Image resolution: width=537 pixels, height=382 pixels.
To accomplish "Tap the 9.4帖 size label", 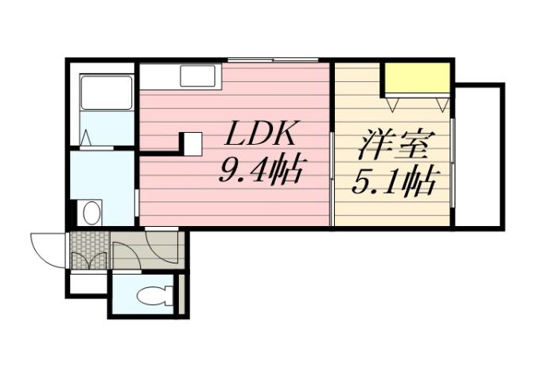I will point(258,168).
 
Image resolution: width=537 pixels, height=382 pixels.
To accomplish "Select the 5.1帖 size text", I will point(394,183).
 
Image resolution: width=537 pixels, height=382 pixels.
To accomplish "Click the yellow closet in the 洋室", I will point(416,78).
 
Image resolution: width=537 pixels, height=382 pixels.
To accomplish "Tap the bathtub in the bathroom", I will point(106,93).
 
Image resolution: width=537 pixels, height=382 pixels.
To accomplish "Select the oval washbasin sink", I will point(91,212).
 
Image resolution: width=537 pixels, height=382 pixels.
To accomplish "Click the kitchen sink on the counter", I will point(196,76).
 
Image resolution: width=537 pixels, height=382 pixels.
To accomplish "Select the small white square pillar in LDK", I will point(192,144).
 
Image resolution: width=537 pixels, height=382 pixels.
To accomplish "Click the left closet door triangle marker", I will point(392,103).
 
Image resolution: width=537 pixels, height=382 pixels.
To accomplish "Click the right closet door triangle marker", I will point(442,103).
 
